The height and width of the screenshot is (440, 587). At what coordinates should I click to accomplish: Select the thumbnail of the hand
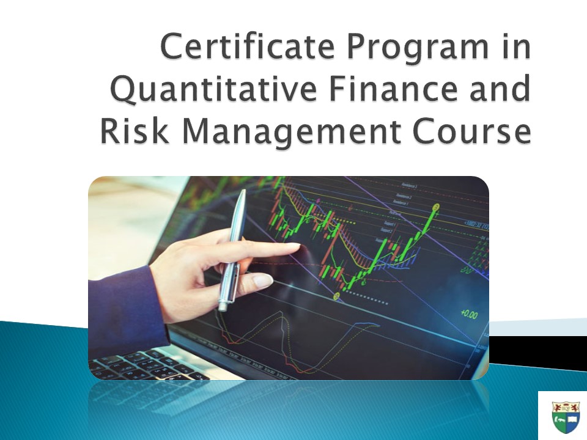tap(263, 282)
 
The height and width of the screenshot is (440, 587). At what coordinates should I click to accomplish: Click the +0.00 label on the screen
tap(469, 315)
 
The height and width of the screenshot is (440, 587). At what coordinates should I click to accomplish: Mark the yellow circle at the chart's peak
tap(436, 207)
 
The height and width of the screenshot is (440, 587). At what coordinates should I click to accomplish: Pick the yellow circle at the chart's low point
tap(336, 296)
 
